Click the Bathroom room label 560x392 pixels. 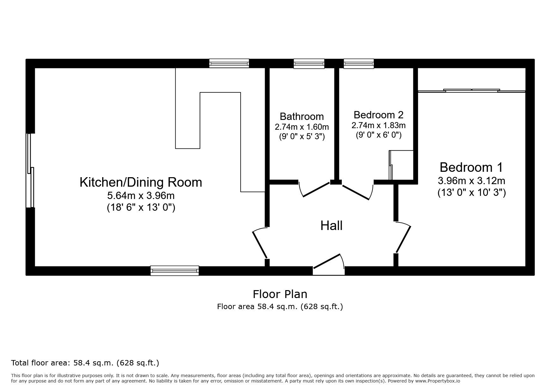coord(302,116)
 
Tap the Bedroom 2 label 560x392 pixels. coord(378,115)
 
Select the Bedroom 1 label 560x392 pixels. coord(471,167)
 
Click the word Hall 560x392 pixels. coord(331,226)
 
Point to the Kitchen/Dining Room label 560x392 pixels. coord(141,182)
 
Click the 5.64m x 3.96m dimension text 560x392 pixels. coord(141,196)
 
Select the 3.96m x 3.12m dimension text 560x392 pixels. coord(471,181)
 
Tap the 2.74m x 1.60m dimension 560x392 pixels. coord(302,127)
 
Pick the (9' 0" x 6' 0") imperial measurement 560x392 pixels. coord(378,135)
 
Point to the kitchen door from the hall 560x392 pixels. coord(260,243)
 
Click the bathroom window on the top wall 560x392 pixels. coord(309,64)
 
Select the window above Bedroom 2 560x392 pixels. coord(359,64)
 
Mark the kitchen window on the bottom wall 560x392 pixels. coord(175,271)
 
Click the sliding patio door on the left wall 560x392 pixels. coord(30,171)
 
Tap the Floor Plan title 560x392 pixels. coord(280,294)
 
